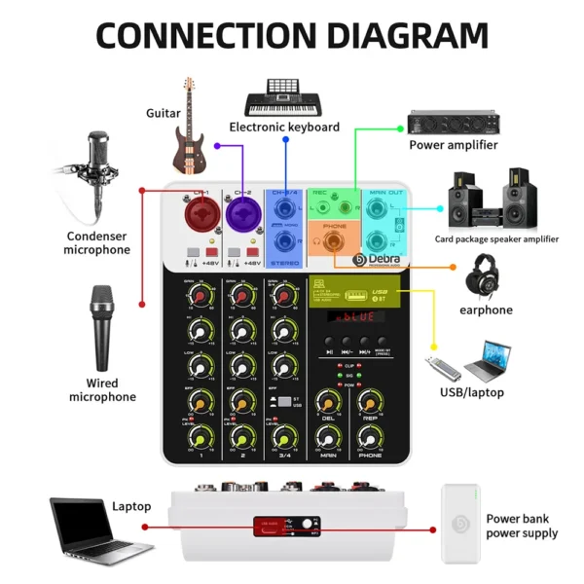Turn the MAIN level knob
click(326, 432)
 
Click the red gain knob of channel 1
click(198, 296)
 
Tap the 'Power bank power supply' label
click(522, 526)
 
